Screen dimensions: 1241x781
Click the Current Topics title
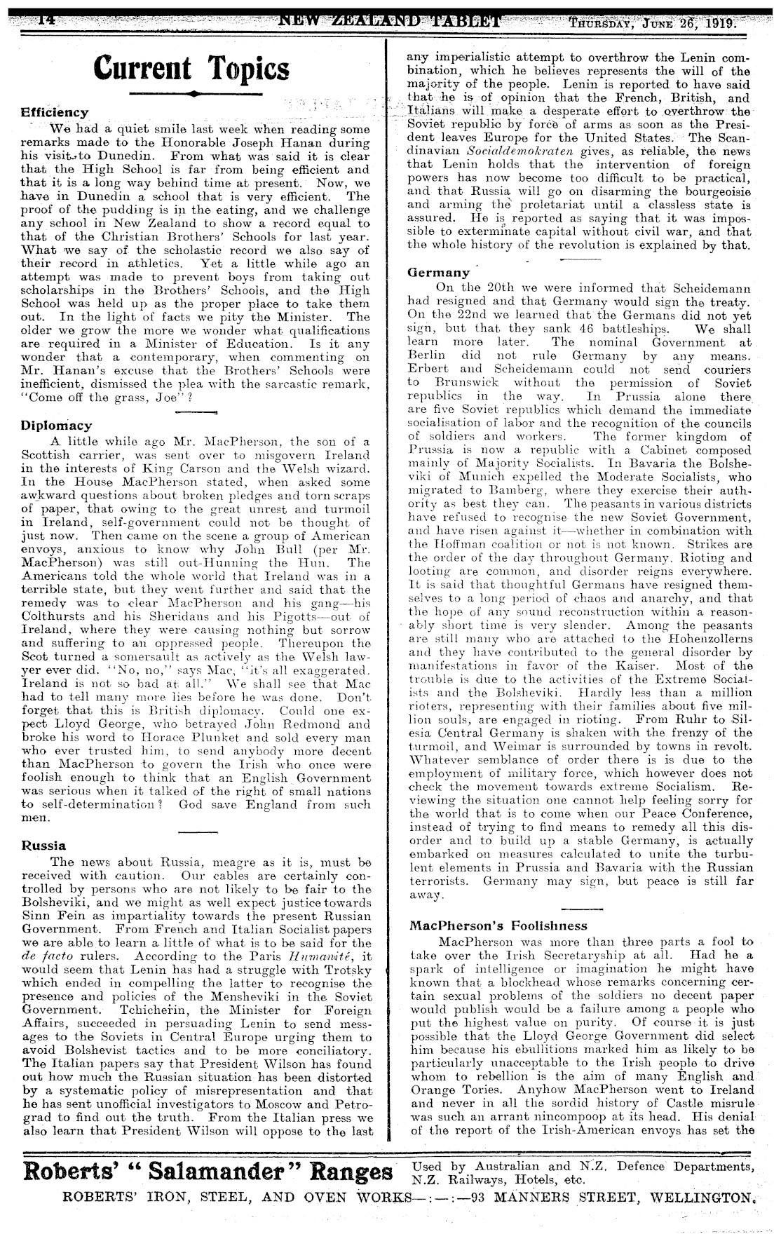click(191, 68)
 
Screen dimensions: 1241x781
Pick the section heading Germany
click(439, 273)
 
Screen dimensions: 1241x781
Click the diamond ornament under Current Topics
click(191, 93)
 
